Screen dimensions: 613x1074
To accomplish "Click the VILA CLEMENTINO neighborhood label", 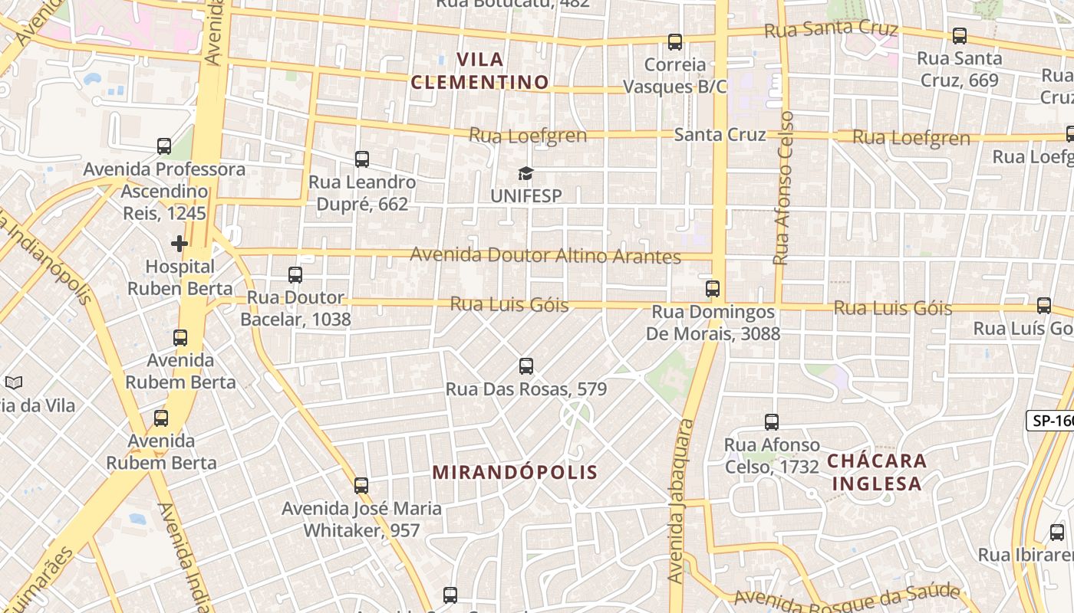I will pos(480,70).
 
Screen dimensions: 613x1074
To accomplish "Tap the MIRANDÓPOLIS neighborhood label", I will pos(515,472).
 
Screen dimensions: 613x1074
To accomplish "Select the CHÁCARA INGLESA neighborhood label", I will pos(877,472).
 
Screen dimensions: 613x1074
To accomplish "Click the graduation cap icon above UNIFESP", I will pos(525,173).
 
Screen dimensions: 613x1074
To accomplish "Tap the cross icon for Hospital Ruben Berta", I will pos(180,244).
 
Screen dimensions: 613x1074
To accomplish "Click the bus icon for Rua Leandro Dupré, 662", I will pos(362,159).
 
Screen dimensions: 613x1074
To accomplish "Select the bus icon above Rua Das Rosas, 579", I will pos(526,366).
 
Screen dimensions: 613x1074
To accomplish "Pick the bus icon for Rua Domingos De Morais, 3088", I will pos(713,289).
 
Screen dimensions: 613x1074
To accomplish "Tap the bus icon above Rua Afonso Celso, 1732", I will pos(772,421).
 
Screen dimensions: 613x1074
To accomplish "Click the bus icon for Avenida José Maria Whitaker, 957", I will pos(361,485).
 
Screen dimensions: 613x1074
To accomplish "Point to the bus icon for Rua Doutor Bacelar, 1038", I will pos(295,274).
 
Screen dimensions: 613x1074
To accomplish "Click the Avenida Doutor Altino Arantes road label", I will pos(545,255).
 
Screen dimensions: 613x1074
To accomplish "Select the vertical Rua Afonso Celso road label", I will pos(782,188).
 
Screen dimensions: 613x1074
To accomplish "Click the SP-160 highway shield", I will pos(1051,421).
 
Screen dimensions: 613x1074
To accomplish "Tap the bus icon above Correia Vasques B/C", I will pos(675,42).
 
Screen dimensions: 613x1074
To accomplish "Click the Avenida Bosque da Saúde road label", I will pos(847,595).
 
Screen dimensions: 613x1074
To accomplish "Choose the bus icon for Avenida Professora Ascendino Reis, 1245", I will pos(164,146).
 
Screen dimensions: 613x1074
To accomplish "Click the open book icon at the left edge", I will pos(14,382).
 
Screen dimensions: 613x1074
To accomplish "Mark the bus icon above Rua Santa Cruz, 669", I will pos(960,35).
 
